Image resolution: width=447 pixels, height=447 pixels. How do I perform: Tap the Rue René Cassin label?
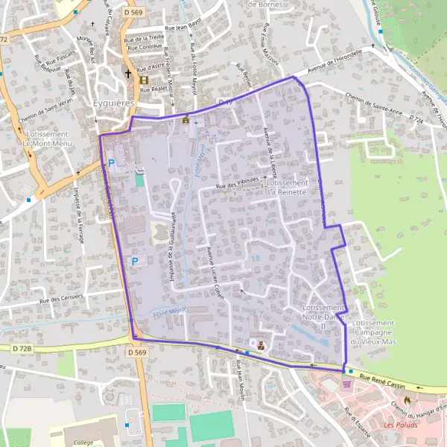coord(385,381)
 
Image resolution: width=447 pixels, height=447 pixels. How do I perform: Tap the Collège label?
coord(84,442)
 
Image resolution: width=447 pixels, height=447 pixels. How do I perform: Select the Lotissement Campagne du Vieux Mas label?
coord(375,332)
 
